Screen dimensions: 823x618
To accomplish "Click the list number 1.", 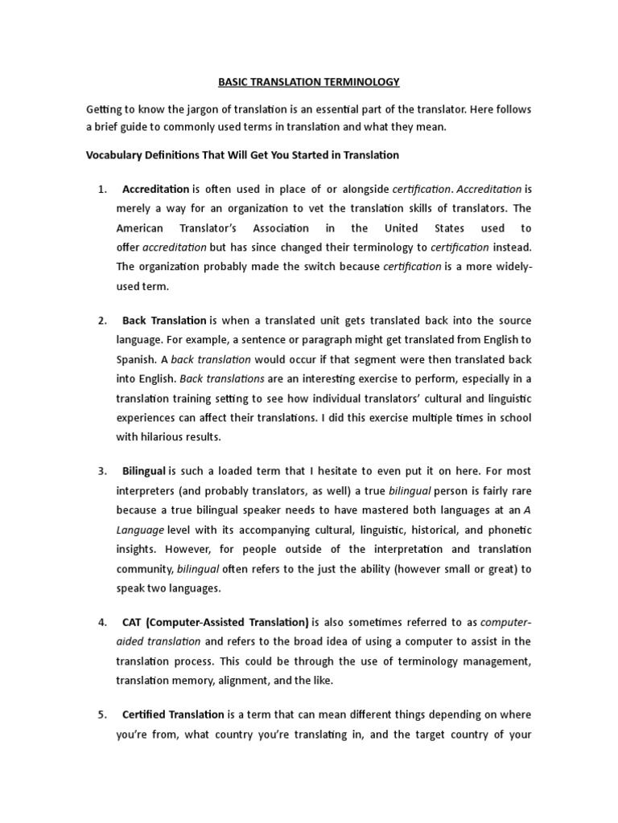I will pos(101,190).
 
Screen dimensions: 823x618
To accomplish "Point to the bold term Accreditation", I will pos(155,190).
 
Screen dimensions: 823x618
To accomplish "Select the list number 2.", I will pos(102,321).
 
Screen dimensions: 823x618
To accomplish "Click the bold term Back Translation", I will pos(164,321).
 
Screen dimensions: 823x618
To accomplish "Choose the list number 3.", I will pos(102,471).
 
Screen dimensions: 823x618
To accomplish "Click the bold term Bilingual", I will pos(144,471).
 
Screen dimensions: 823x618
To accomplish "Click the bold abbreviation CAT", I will pos(131,622).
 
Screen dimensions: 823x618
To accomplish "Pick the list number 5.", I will pos(102,714).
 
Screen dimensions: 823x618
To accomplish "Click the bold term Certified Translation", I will pos(173,714).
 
